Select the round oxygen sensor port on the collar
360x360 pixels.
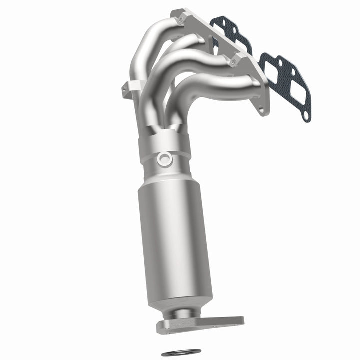164,159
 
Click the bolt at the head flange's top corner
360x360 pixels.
180,18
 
